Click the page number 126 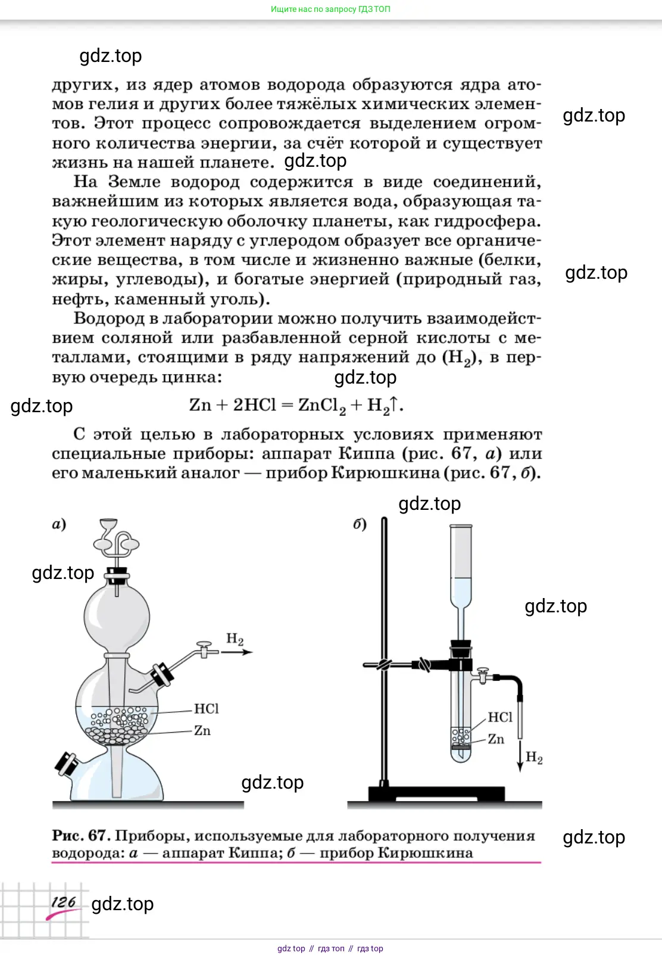pos(63,902)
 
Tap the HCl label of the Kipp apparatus pos(206,709)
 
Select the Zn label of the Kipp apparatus pos(202,730)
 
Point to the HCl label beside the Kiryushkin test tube pos(500,717)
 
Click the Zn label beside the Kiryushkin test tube pos(496,739)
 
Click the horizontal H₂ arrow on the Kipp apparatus pos(237,652)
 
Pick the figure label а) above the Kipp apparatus pos(59,524)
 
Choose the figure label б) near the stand pos(360,524)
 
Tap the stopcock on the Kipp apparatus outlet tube pos(204,649)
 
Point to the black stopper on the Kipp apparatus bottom pos(65,764)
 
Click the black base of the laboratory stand pos(436,793)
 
